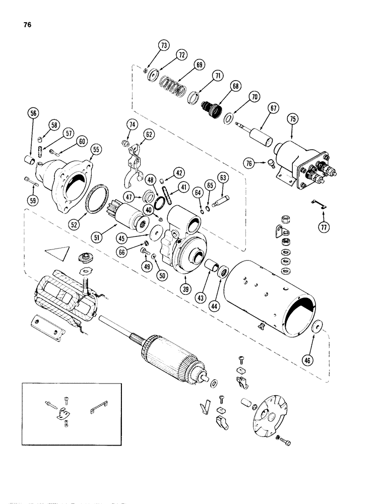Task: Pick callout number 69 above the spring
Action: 186,66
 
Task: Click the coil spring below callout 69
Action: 172,83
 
